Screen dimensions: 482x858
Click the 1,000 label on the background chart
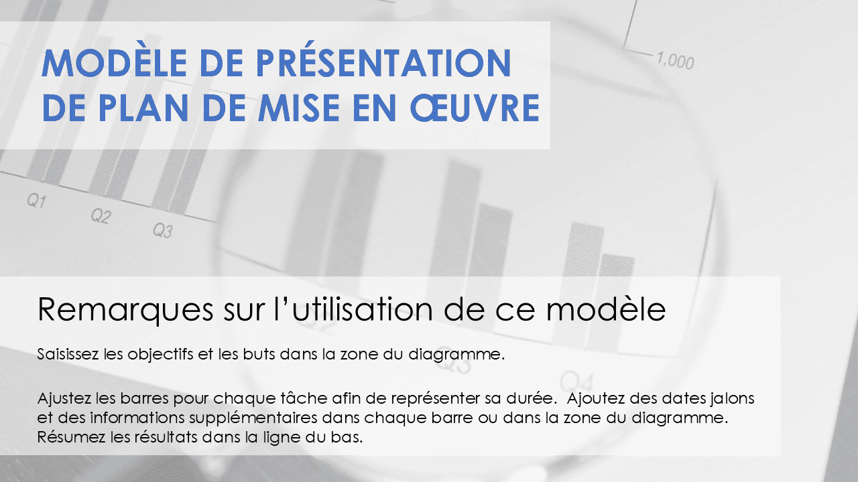point(674,61)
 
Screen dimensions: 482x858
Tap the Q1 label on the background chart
point(36,201)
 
